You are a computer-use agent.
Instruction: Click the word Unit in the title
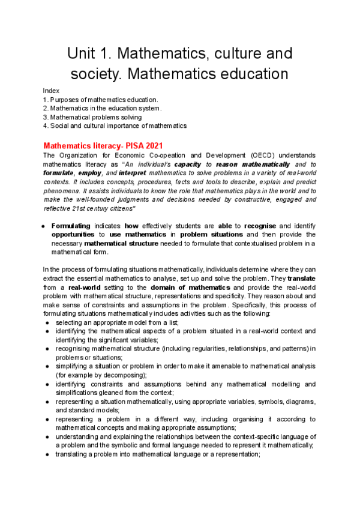(x=82, y=53)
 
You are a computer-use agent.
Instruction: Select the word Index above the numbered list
(x=51, y=90)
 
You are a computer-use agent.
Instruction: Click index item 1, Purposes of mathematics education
(x=101, y=99)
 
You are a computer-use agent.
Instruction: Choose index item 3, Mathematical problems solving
(x=92, y=117)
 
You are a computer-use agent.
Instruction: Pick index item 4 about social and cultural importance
(x=115, y=126)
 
